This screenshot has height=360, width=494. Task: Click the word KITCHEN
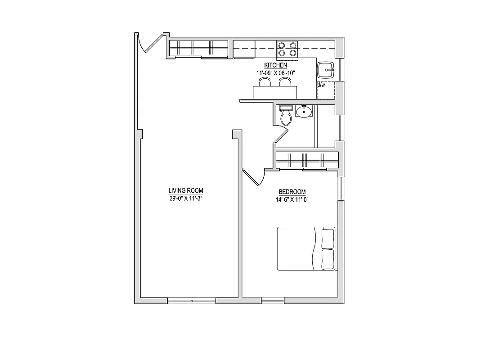click(x=275, y=66)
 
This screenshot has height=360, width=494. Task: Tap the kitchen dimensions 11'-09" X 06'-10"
click(x=275, y=72)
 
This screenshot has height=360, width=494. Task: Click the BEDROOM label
click(x=292, y=192)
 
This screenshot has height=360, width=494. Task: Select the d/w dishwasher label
click(x=321, y=85)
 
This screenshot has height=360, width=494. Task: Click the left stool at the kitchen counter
click(x=264, y=81)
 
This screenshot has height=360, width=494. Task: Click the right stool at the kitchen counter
click(x=285, y=81)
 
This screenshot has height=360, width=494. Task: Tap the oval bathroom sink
click(x=305, y=111)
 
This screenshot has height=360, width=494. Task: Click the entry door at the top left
click(x=149, y=43)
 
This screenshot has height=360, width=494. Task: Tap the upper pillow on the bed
click(x=328, y=238)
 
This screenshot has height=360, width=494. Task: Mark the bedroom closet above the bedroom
click(x=307, y=160)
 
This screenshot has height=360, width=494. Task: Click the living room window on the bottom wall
click(x=192, y=300)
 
